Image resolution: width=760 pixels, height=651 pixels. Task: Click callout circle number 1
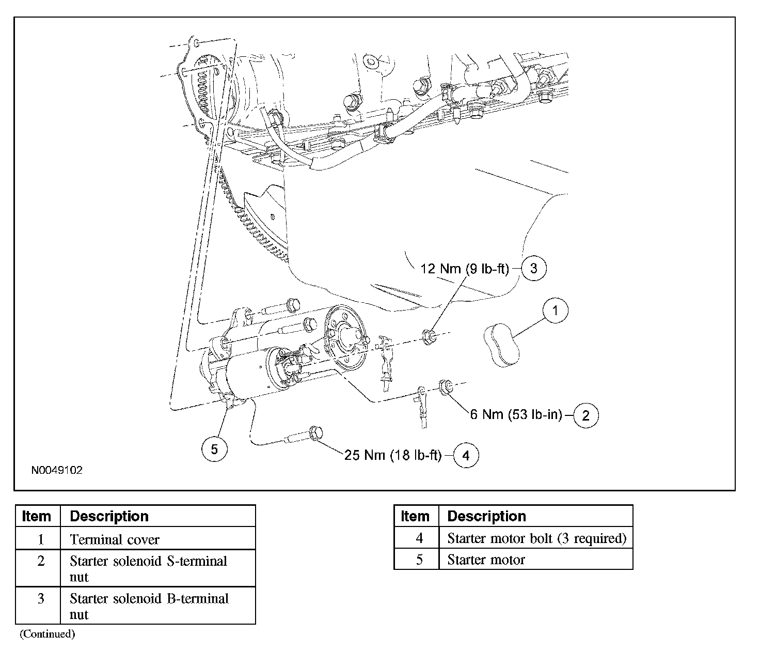point(555,311)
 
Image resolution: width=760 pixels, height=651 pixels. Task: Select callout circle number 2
point(585,415)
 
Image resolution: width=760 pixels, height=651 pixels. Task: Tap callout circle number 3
point(534,268)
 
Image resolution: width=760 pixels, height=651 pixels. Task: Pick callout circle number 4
point(466,455)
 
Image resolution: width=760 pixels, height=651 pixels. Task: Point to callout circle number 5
point(214,449)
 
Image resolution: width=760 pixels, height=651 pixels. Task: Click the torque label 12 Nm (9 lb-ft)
point(465,268)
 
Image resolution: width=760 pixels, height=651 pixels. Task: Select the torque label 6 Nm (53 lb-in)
point(515,414)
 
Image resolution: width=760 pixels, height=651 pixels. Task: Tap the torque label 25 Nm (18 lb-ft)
point(393,455)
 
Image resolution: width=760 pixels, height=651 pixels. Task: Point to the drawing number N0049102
point(57,471)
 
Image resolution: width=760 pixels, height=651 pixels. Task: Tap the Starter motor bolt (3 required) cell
point(536,538)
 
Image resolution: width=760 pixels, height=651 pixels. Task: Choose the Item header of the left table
point(37,516)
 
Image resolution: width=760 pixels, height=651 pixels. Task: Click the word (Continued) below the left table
point(47,634)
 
